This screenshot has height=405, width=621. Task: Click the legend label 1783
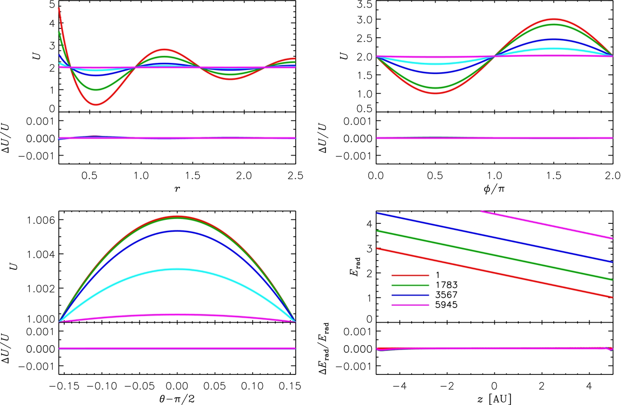click(x=446, y=285)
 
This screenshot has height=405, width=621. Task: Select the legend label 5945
click(x=446, y=305)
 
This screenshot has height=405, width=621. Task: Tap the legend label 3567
click(x=446, y=295)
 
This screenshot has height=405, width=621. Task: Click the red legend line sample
click(x=410, y=275)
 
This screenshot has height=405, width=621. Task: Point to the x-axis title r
click(x=177, y=189)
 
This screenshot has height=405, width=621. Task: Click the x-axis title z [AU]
click(x=494, y=399)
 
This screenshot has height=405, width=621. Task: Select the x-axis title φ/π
click(x=494, y=189)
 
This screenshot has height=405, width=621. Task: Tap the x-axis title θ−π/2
click(x=177, y=399)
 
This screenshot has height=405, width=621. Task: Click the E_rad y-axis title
click(x=355, y=266)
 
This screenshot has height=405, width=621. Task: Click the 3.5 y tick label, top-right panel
click(x=364, y=5)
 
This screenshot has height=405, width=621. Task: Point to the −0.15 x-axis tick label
click(x=64, y=386)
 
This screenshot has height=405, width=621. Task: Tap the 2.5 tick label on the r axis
click(x=295, y=176)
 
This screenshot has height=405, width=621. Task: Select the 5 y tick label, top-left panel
click(x=52, y=5)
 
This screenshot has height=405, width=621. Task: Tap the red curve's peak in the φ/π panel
click(x=554, y=19)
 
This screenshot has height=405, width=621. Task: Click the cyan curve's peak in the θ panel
click(x=177, y=269)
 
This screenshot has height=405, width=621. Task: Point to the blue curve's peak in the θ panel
click(x=177, y=231)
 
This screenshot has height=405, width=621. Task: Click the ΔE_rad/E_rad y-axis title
click(x=324, y=349)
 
